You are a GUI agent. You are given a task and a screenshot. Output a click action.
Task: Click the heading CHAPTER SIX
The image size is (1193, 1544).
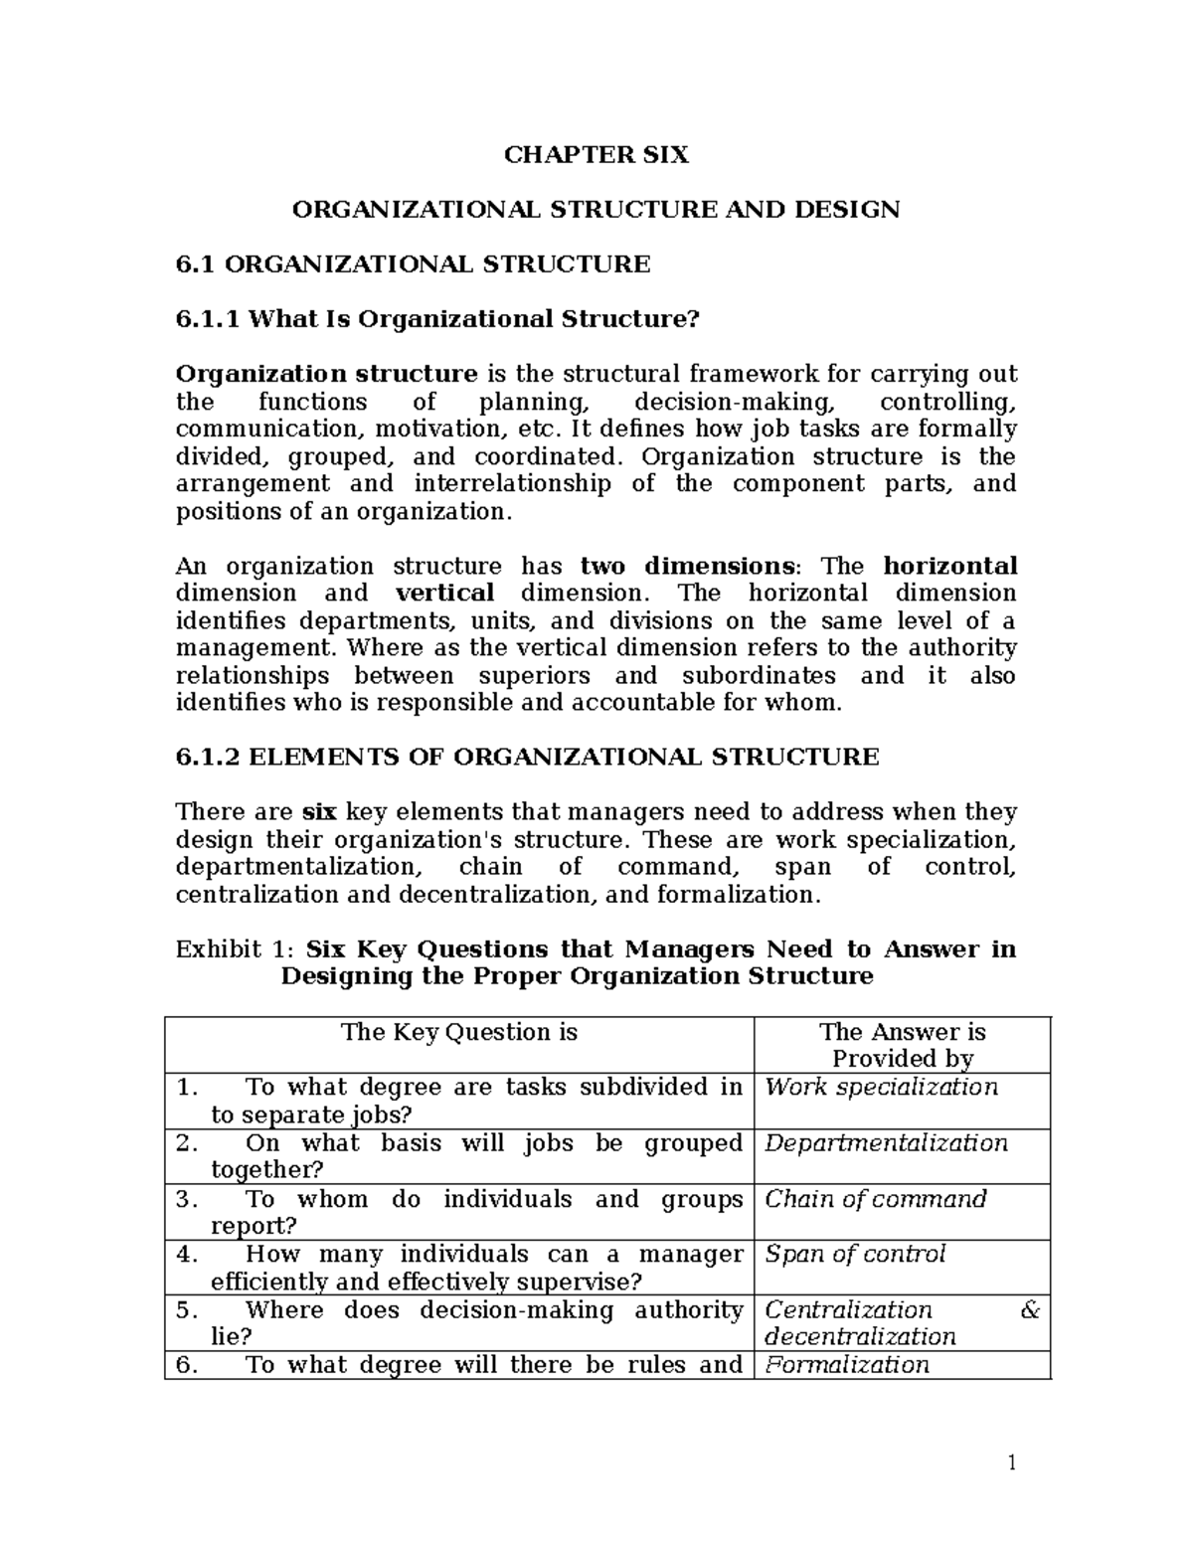(596, 155)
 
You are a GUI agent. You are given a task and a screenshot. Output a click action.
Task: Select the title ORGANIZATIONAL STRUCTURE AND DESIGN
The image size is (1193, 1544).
(595, 210)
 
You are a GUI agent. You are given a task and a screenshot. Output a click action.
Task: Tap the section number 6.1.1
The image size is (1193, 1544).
(208, 319)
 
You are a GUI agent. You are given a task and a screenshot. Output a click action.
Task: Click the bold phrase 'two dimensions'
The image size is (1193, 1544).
(687, 567)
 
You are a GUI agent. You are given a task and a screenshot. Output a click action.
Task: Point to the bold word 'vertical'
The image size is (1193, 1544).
(444, 594)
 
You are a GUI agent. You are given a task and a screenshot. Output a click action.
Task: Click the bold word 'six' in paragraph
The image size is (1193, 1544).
(318, 812)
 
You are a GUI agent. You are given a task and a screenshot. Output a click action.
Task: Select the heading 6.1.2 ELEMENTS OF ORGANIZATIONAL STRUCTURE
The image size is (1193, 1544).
(527, 758)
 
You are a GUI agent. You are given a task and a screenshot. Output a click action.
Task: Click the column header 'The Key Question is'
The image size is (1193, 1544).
(458, 1032)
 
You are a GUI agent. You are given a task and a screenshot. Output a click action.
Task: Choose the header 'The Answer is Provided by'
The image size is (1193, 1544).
(902, 1045)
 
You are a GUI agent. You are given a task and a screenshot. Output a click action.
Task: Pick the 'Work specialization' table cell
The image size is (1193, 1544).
(880, 1087)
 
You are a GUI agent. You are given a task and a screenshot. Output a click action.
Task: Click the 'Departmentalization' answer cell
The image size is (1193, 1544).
(885, 1143)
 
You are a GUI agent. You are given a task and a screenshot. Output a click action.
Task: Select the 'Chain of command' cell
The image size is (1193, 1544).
(875, 1199)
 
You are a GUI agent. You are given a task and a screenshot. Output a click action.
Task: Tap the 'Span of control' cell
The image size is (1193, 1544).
(854, 1255)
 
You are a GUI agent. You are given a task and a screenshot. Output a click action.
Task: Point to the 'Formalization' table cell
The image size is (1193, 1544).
(846, 1365)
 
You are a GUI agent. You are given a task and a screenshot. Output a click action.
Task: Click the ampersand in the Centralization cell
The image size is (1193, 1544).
(1030, 1310)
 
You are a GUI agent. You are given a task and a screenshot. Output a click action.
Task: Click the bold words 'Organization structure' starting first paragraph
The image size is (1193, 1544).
(326, 374)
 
